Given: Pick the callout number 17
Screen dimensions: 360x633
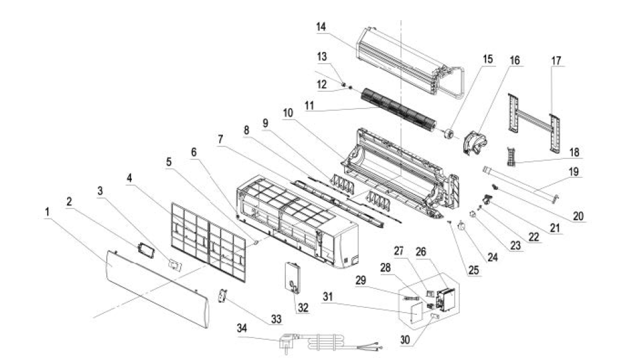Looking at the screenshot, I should (x=556, y=61).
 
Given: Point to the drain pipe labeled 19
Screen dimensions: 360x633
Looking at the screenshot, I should (x=521, y=182).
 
